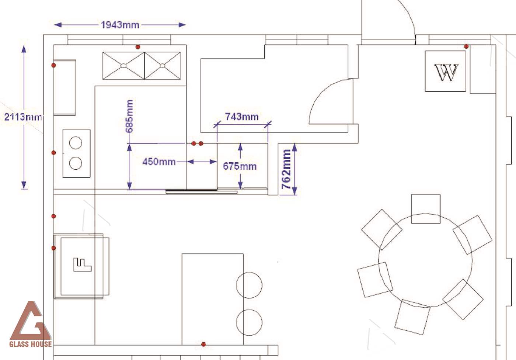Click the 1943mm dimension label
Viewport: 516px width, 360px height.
[x=120, y=25]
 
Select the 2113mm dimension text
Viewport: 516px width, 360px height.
[x=23, y=117]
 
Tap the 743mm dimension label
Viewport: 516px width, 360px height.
[x=242, y=117]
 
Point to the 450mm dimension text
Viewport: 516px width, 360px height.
[x=159, y=162]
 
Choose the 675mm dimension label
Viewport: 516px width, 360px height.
[x=240, y=166]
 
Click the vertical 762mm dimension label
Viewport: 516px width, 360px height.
[x=286, y=169]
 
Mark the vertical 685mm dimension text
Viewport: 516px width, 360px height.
[x=129, y=117]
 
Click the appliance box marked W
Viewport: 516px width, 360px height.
[x=445, y=71]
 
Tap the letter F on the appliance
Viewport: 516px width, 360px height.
[x=82, y=264]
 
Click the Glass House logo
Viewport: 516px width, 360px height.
[x=31, y=324]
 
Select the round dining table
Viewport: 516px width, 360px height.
[x=425, y=260]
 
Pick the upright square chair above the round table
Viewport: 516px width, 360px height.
[x=426, y=209]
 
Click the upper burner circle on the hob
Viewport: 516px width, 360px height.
[x=76, y=143]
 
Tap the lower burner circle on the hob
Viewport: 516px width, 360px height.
[x=76, y=163]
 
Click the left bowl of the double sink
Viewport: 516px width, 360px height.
[x=123, y=66]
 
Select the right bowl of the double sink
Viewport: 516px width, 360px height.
[x=163, y=66]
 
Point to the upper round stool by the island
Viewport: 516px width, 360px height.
[x=249, y=285]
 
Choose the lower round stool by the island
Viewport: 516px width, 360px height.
[x=249, y=322]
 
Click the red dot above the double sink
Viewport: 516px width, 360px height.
[x=138, y=47]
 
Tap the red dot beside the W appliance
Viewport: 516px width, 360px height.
[x=466, y=46]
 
